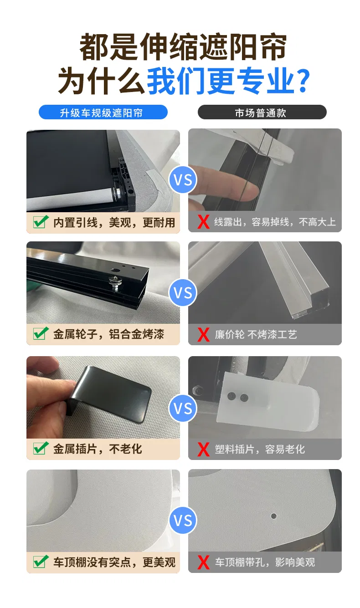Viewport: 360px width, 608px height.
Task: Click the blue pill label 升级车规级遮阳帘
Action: [x=103, y=112]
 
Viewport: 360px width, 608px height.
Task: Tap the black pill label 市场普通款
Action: [x=262, y=112]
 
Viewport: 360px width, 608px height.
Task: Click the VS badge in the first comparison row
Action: [x=183, y=180]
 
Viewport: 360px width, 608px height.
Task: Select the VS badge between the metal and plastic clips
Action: [x=183, y=408]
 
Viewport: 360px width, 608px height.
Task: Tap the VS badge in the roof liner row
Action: [x=183, y=520]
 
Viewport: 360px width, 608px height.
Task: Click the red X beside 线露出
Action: [x=204, y=222]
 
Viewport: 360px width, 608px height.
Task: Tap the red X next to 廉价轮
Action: [x=204, y=334]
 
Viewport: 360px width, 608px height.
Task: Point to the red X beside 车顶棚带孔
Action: [x=204, y=562]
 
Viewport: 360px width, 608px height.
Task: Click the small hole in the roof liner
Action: [x=274, y=516]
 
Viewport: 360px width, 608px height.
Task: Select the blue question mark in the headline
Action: [x=303, y=81]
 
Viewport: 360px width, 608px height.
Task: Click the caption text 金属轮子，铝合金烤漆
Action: [x=108, y=334]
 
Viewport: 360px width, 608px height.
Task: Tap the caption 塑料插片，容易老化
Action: [x=260, y=449]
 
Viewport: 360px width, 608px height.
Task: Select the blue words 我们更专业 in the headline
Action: [x=221, y=81]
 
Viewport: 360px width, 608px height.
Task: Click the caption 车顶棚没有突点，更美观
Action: [x=114, y=562]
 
